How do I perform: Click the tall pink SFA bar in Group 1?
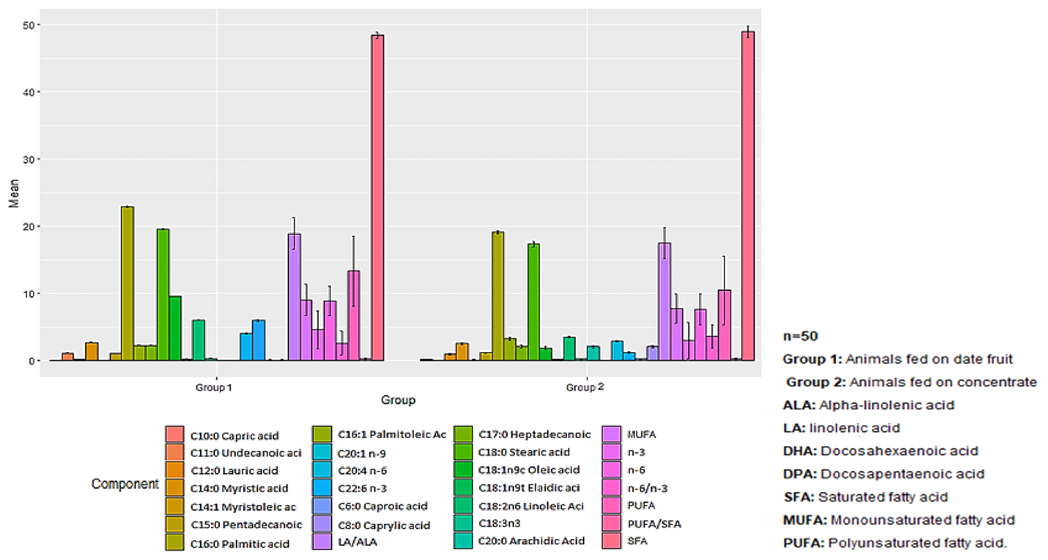point(377,198)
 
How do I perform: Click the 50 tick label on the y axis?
point(28,25)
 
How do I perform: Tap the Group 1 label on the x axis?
point(213,388)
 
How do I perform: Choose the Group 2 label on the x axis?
point(585,387)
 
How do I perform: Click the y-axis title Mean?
point(14,193)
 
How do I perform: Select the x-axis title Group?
point(398,400)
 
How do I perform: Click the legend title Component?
point(125,484)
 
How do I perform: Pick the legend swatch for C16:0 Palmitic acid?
point(174,542)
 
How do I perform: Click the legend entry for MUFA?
point(641,434)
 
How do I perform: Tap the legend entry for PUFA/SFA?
point(654,524)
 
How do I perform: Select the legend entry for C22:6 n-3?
point(362,488)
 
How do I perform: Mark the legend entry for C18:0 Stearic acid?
point(524,452)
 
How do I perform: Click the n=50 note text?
point(801,336)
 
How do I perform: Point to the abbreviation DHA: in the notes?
point(800,451)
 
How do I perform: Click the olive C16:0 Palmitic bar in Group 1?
point(127,284)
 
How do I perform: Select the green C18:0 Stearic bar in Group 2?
point(533,302)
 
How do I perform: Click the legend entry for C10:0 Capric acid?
point(234,436)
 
